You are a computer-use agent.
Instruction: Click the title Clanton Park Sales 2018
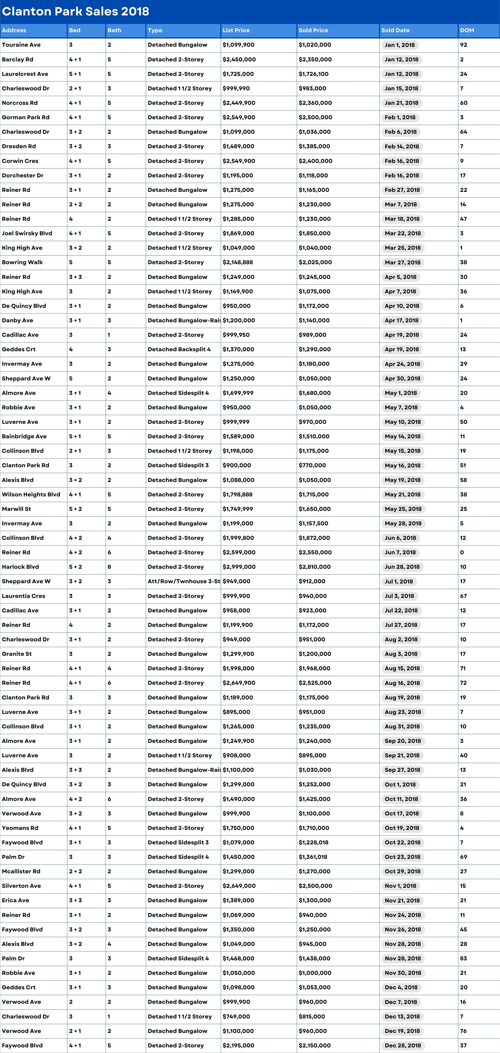point(76,11)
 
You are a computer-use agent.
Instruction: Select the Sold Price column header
point(313,30)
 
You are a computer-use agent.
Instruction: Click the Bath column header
point(114,30)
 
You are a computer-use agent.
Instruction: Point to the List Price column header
point(236,30)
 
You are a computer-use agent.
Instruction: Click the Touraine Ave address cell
point(21,45)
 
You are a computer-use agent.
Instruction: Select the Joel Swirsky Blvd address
point(27,233)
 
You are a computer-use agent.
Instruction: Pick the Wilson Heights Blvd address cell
point(31,495)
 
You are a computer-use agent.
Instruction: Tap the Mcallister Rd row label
point(21,871)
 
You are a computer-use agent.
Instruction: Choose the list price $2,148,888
point(238,262)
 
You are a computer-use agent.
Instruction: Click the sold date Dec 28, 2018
point(403,1046)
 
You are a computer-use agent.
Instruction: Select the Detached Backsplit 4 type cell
point(179,350)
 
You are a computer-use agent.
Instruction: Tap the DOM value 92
point(464,45)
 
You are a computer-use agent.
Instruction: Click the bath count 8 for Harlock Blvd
point(109,567)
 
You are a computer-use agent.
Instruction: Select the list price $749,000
point(236,1017)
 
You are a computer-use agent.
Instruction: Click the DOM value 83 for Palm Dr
point(464,958)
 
